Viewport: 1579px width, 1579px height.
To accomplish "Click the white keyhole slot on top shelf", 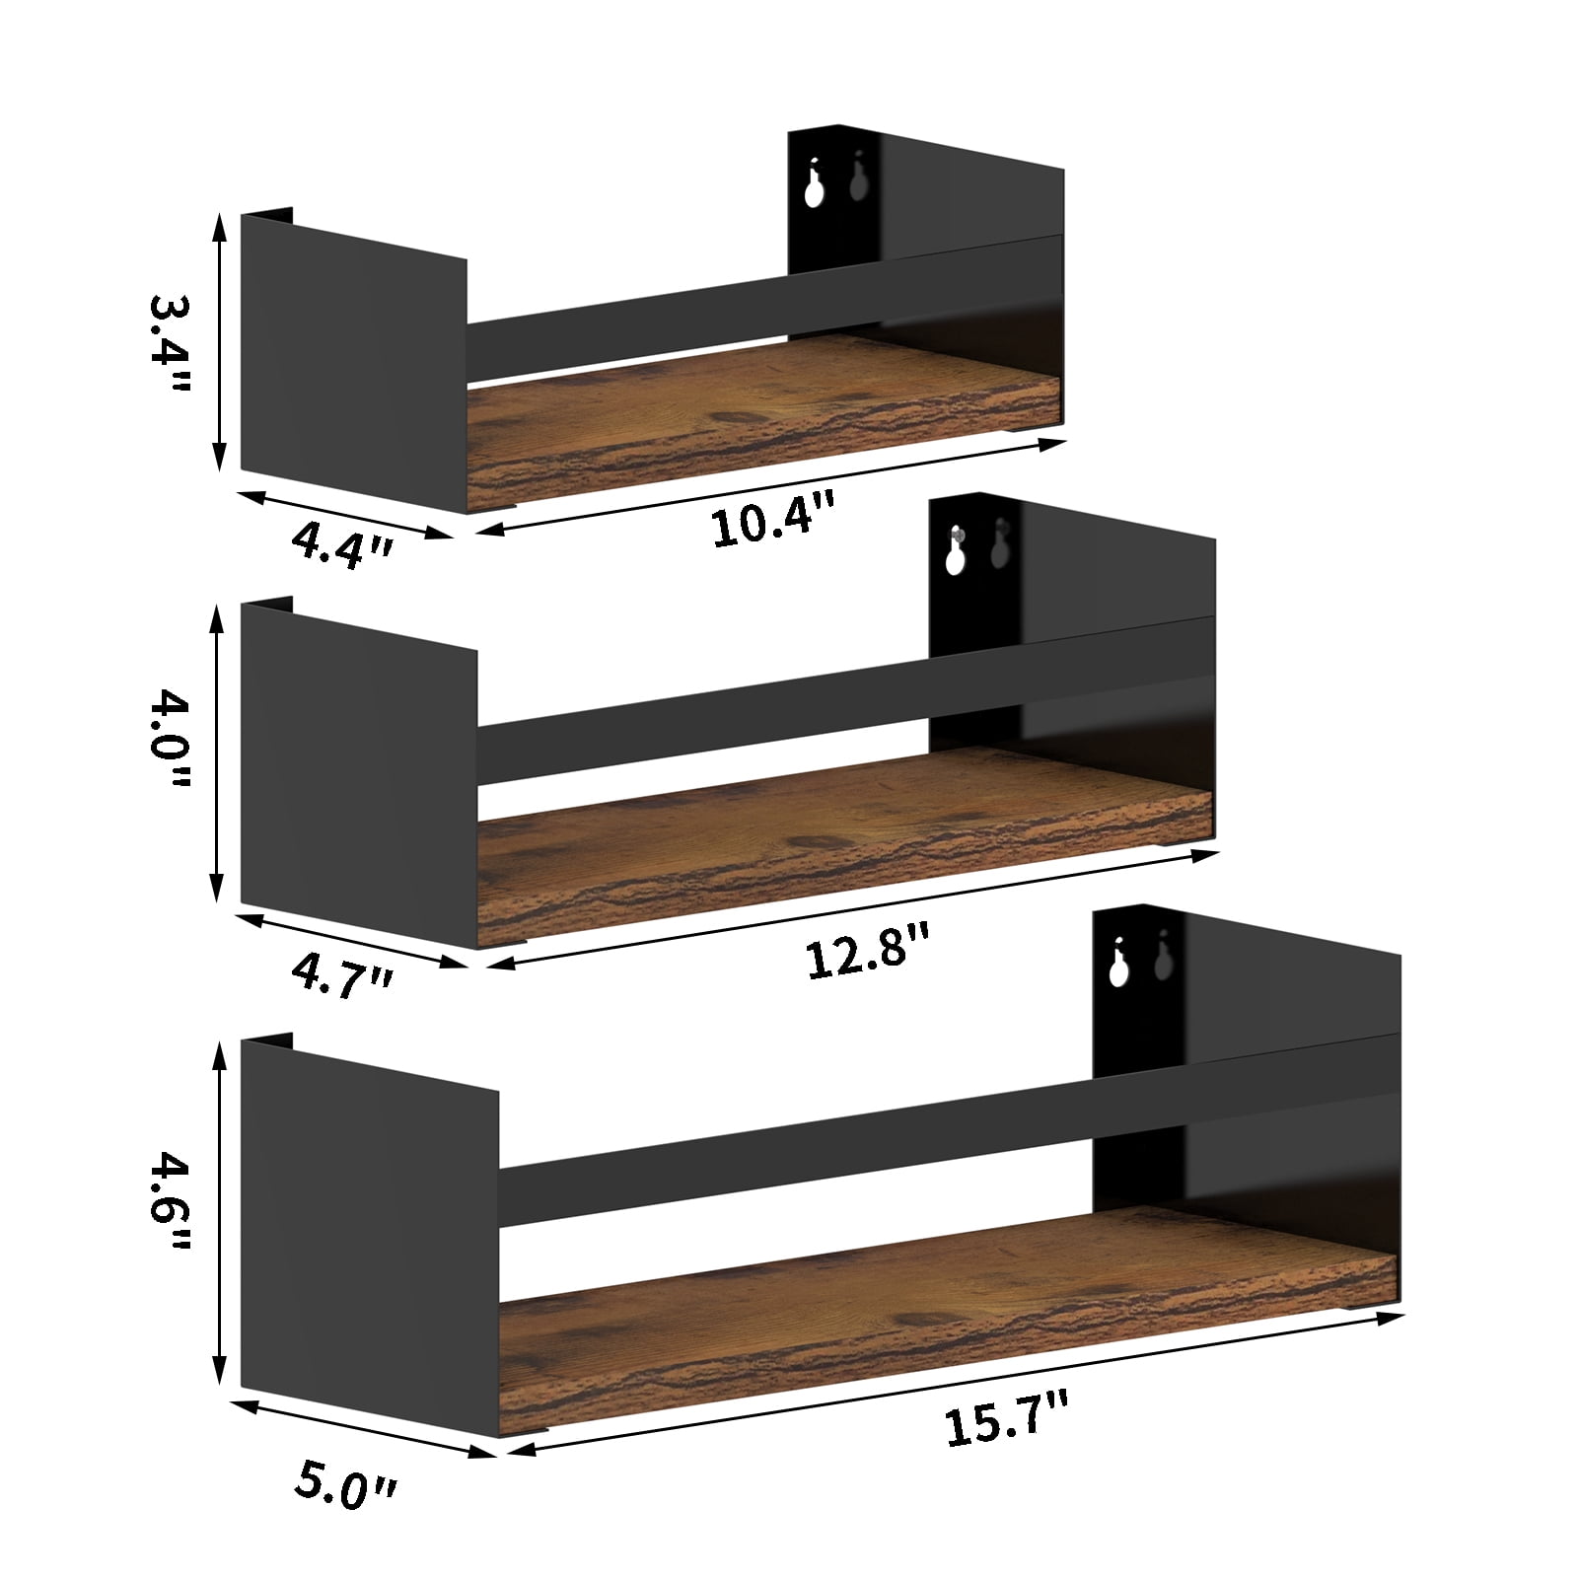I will tap(814, 189).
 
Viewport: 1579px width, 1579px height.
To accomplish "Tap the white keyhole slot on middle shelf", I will tap(954, 557).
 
